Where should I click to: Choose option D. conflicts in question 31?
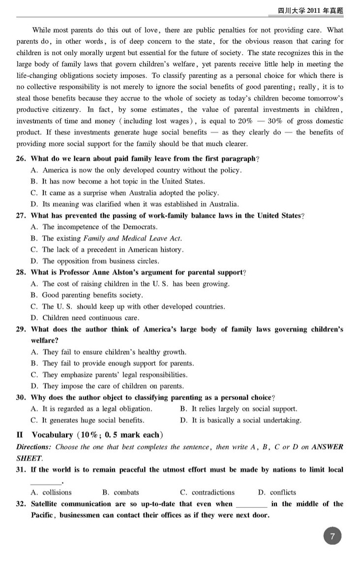pos(277,492)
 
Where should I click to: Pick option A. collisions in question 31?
pos(51,492)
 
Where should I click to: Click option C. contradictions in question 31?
pos(207,492)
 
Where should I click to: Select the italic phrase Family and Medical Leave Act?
pos(133,239)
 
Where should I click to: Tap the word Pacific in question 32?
pos(43,515)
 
